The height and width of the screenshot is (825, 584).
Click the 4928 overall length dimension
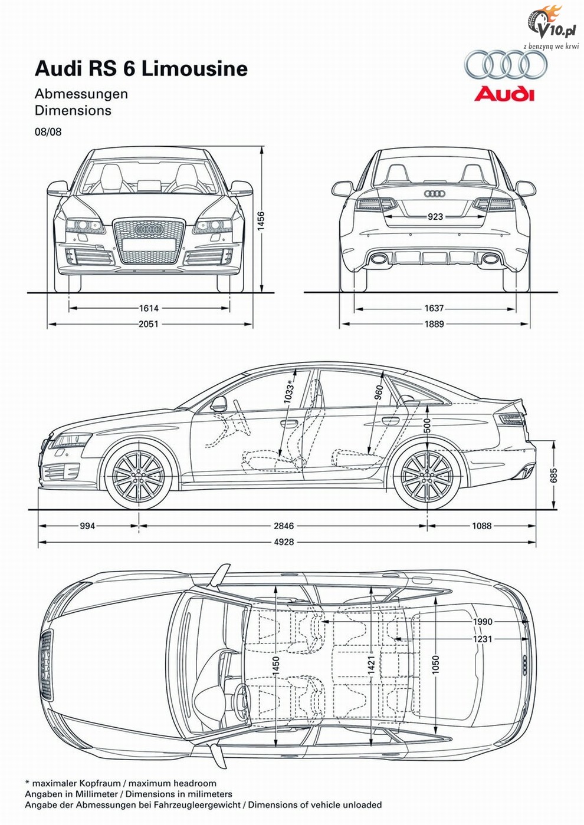click(x=284, y=542)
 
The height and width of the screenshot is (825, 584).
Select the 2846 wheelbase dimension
click(x=284, y=526)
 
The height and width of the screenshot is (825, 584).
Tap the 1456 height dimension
click(x=261, y=220)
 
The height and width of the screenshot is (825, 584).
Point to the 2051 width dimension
click(x=149, y=324)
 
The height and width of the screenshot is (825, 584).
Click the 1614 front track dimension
click(x=149, y=308)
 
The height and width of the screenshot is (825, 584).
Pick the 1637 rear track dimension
click(x=434, y=308)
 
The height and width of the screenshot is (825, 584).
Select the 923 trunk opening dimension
click(x=435, y=217)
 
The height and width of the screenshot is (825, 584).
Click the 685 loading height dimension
click(x=553, y=475)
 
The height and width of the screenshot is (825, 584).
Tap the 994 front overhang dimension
click(x=87, y=526)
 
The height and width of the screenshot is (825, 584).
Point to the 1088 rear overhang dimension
click(x=482, y=526)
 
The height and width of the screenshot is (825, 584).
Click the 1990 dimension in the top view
click(x=483, y=622)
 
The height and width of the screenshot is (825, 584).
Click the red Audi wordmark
click(x=504, y=94)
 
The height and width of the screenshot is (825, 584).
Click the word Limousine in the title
click(x=195, y=69)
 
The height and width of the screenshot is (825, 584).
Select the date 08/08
click(x=48, y=132)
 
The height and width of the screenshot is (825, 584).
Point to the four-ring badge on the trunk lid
click(x=435, y=194)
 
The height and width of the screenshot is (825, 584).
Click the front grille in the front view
click(x=149, y=241)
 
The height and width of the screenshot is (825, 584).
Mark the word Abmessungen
click(x=81, y=94)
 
